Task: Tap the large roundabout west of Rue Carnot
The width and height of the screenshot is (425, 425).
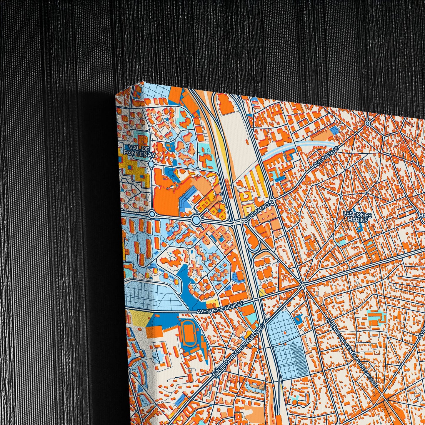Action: tap(196, 219)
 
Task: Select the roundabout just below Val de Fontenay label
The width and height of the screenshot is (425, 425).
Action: tap(151, 164)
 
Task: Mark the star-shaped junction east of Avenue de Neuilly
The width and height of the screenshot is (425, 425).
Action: tap(303, 285)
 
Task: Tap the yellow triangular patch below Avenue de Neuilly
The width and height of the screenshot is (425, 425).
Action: tap(141, 318)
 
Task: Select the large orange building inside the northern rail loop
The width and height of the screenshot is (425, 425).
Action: tap(225, 104)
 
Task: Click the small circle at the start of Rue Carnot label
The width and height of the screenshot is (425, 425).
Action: tap(244, 221)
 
